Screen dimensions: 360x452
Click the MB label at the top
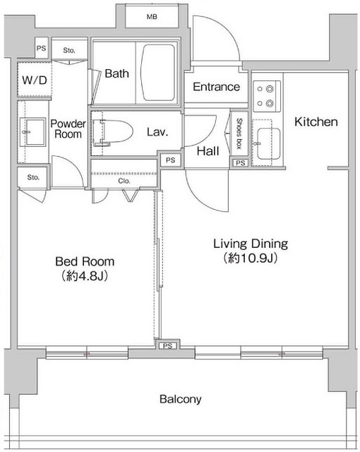(152, 17)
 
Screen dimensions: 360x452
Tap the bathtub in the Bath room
(158, 72)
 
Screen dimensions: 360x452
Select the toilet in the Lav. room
(113, 132)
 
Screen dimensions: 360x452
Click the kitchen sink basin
(269, 143)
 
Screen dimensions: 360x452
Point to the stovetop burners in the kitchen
(267, 96)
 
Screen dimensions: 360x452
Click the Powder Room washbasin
(34, 132)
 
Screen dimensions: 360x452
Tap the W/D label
(35, 80)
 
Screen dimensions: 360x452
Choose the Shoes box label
(239, 133)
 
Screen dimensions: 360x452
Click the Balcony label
(181, 399)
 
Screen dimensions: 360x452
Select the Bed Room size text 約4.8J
(85, 276)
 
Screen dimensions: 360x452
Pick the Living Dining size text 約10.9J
(251, 258)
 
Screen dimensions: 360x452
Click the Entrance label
(216, 87)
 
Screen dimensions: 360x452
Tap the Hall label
(208, 151)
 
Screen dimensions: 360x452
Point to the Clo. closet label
(124, 181)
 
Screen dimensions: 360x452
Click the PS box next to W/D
(41, 48)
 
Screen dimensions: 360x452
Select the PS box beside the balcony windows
(167, 345)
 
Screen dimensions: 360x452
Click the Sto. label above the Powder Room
(69, 50)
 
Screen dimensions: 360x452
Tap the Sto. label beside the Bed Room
(33, 177)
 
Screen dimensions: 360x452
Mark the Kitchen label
(316, 122)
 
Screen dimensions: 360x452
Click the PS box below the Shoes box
(240, 163)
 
